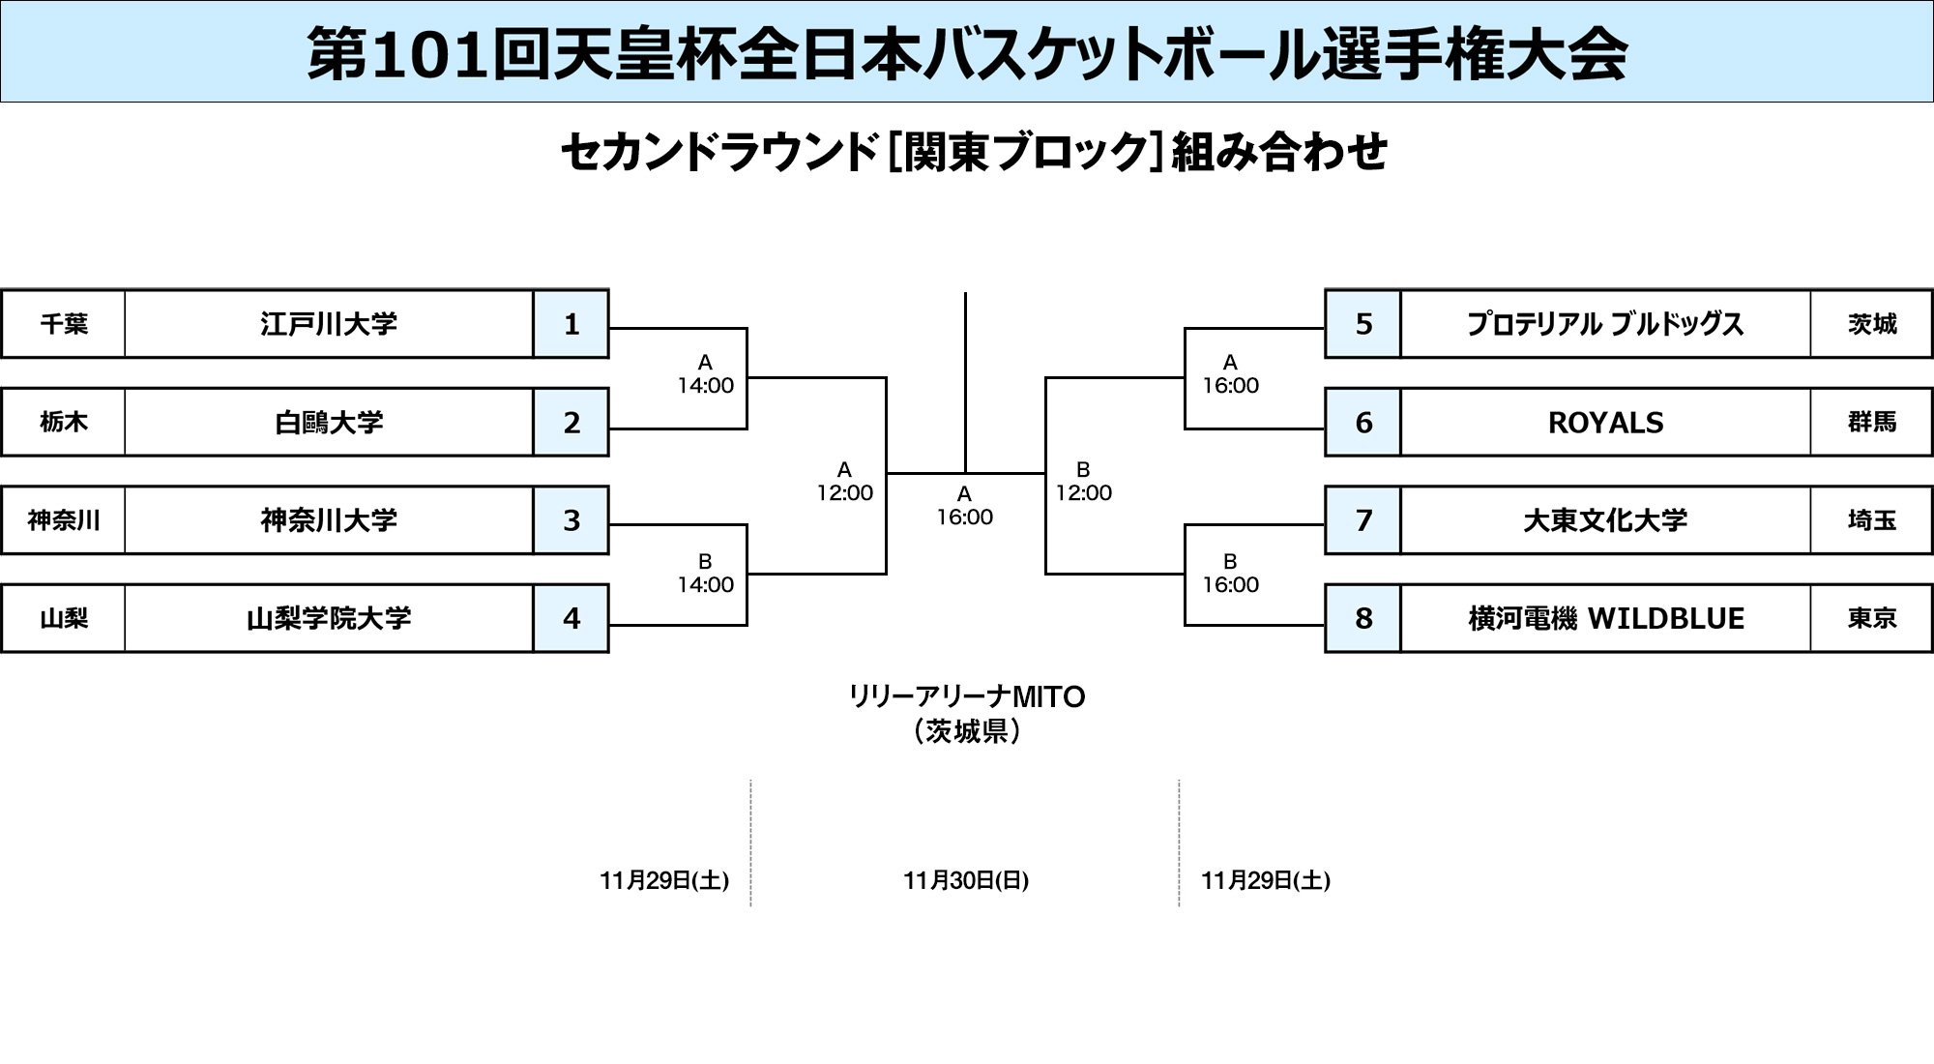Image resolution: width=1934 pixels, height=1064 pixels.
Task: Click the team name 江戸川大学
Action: pos(329,324)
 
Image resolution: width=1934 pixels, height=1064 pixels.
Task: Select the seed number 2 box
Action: pos(571,423)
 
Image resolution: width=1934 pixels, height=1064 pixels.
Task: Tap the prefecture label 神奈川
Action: pos(64,520)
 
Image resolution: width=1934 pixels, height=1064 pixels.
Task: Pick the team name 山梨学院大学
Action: pos(329,618)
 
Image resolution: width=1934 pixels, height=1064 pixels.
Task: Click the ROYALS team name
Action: pos(1605,423)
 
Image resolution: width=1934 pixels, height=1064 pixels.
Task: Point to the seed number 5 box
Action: pos(1363,324)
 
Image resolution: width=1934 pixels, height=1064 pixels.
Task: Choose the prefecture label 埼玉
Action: pos(1871,520)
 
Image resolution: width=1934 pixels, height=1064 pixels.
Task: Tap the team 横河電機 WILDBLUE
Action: pos(1605,618)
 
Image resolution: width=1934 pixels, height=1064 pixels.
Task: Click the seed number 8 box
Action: pos(1363,618)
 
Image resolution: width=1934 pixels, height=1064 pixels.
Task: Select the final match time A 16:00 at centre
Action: pos(964,506)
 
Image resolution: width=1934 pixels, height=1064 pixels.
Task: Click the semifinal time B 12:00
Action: pos(1083,482)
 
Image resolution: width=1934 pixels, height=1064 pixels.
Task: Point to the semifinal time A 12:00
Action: pos(844,482)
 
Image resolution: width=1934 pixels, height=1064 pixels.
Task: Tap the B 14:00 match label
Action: pos(705,574)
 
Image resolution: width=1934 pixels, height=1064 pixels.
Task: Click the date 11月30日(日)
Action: pos(966,880)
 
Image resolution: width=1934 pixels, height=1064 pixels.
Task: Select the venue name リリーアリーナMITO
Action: pos(966,696)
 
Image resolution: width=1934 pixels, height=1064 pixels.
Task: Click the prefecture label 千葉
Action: pos(64,324)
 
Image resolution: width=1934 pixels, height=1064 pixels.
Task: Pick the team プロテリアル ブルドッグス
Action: pos(1605,324)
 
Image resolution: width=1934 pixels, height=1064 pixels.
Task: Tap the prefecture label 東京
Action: pos(1871,618)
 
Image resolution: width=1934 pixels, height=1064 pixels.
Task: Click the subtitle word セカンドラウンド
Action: pos(718,153)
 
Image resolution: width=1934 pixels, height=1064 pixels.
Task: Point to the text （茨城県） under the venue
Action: pos(966,731)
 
